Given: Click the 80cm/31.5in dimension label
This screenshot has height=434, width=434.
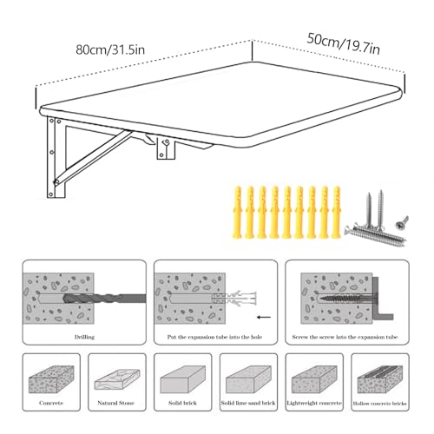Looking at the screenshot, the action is (110, 49).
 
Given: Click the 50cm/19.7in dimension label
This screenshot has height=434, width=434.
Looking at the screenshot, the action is (344, 44).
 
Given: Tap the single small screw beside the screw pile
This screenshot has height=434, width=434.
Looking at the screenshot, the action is (402, 223).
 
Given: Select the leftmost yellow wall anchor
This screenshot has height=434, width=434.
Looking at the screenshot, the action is (238, 212).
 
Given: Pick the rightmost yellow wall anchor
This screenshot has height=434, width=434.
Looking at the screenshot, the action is (337, 212).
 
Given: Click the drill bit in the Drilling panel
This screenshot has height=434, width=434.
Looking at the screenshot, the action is (104, 299).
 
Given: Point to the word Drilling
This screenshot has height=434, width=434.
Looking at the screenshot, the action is (84, 337).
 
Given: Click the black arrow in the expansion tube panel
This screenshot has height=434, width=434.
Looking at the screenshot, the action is (264, 317).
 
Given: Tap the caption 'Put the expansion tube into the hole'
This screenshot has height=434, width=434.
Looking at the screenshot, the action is (214, 337).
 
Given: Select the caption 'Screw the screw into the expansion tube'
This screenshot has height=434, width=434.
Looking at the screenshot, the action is (345, 337).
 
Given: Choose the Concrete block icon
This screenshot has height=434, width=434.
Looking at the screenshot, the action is (51, 379).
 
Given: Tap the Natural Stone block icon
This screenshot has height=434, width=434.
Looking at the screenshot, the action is (117, 379).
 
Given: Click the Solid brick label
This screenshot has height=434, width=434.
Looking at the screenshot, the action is (182, 403).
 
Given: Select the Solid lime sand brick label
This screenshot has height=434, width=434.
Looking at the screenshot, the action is (248, 403).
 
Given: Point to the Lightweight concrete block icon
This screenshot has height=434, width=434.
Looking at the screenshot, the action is (314, 379).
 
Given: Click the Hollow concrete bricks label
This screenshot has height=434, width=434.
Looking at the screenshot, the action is (380, 404).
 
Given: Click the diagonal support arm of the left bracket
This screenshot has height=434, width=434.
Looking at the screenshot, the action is (93, 158).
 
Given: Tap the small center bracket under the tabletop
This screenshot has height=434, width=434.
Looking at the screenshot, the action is (166, 148).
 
